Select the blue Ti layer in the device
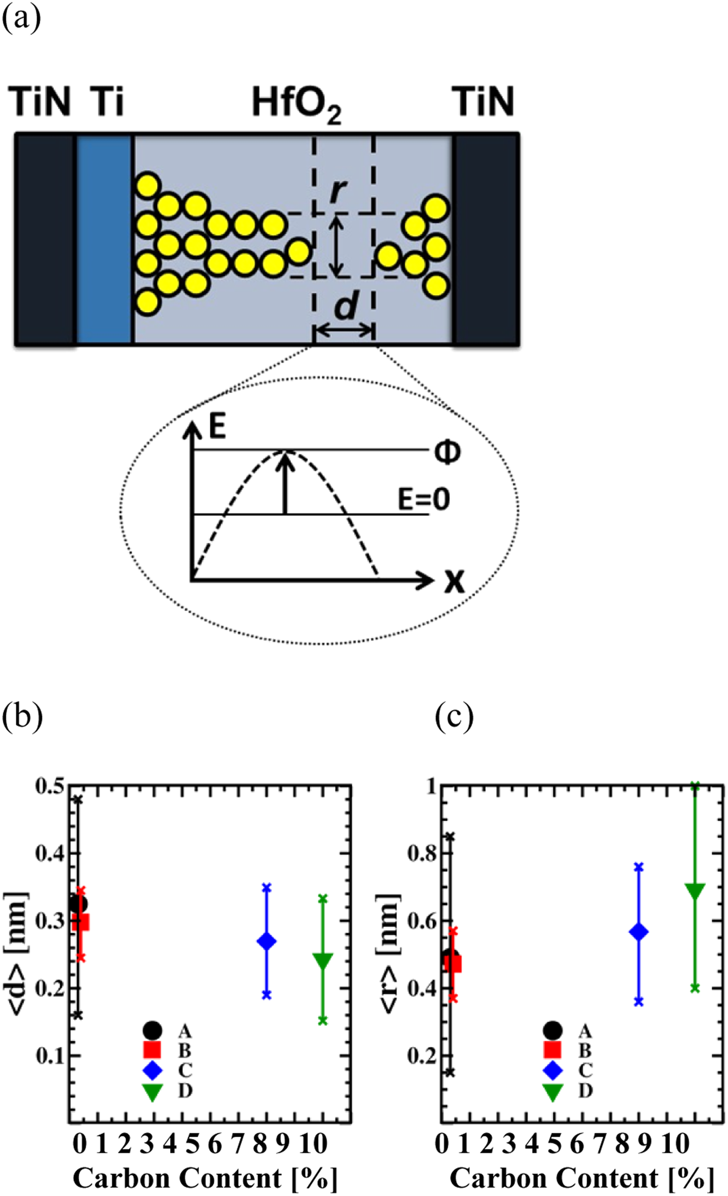tap(104, 239)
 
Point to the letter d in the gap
tap(346, 305)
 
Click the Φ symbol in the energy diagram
tap(447, 451)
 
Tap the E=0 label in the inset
tap(424, 499)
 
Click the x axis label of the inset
tap(455, 581)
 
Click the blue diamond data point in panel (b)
tap(267, 942)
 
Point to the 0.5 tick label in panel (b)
tap(50, 786)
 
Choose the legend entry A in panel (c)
tap(585, 1031)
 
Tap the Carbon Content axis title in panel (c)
tap(581, 1178)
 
